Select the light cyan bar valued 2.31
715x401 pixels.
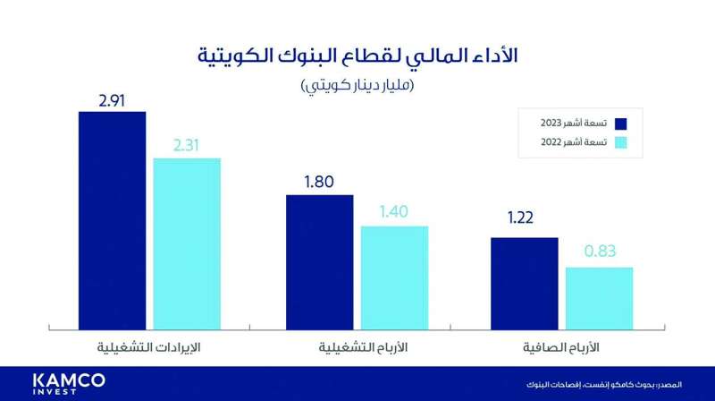(x=187, y=241)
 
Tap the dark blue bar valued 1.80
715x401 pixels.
(x=319, y=259)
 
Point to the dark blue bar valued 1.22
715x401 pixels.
(x=525, y=280)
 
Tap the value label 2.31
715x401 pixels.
(x=187, y=144)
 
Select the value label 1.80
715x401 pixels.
(x=319, y=181)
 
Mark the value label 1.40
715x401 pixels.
(x=394, y=213)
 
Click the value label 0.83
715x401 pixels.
(x=600, y=252)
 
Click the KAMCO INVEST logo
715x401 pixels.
(x=66, y=382)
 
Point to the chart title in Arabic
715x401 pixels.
(x=357, y=55)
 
